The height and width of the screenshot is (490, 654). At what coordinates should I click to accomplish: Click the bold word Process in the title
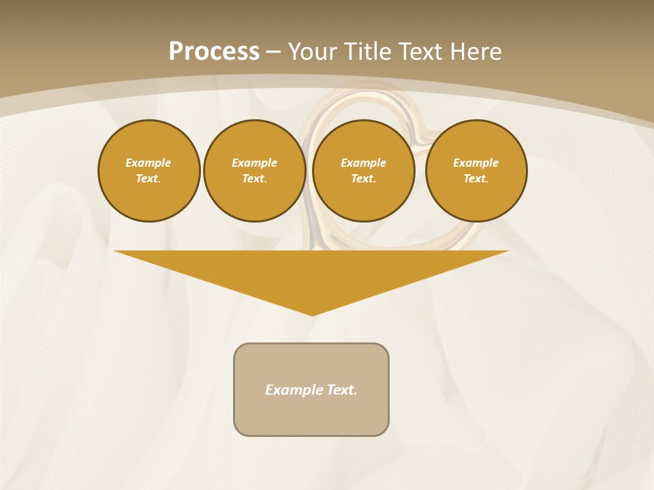click(214, 52)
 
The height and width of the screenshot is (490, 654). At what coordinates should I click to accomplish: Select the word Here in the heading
click(475, 52)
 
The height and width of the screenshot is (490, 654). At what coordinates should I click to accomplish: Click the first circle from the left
click(149, 171)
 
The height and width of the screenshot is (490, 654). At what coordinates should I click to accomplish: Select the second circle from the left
click(255, 171)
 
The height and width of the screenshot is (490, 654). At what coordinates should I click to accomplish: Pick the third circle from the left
click(364, 171)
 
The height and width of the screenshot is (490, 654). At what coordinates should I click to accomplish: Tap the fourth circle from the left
click(476, 171)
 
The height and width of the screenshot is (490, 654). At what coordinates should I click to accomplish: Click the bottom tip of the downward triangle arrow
click(312, 314)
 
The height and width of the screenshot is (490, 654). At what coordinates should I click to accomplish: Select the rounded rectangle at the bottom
click(311, 389)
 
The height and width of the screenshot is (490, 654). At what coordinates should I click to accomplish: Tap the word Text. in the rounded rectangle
click(342, 390)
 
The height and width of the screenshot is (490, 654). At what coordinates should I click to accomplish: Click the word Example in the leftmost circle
click(149, 163)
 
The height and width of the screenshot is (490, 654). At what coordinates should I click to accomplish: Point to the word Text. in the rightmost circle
click(476, 179)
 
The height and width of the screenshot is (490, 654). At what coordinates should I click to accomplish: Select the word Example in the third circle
click(364, 163)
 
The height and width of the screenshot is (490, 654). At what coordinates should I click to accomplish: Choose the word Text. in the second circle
click(255, 179)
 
